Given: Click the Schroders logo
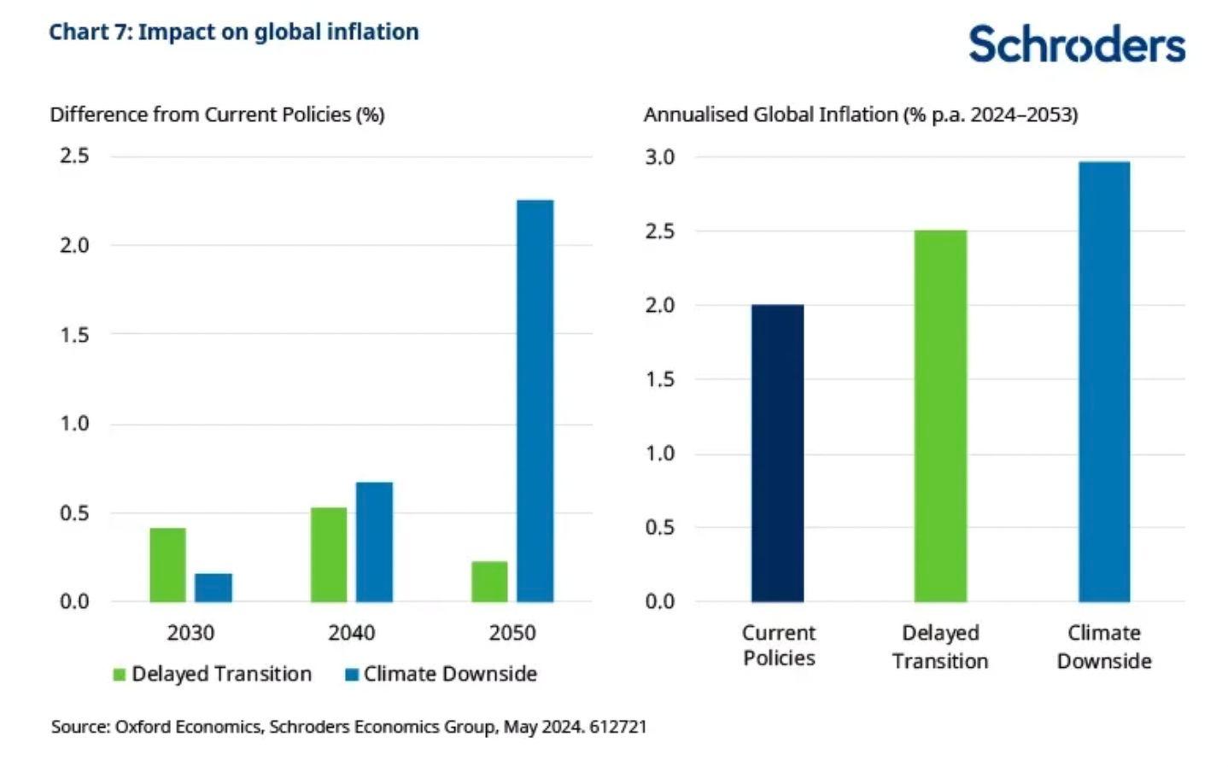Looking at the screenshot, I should (x=1076, y=44).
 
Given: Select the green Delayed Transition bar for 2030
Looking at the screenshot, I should (x=167, y=565).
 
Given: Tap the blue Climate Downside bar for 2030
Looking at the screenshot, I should (x=213, y=588).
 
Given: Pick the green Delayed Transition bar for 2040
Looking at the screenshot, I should (x=329, y=554).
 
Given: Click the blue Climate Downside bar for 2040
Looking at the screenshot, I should (x=374, y=542).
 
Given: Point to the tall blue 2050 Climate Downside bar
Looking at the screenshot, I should (x=535, y=401).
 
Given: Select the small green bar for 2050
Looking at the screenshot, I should (x=489, y=582).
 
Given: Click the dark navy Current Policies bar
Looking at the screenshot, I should (x=777, y=453).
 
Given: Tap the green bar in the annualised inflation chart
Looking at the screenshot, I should (x=940, y=416).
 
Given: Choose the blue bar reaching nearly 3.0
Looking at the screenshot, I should (x=1103, y=382).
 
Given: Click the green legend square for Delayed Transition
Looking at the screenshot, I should (x=120, y=675).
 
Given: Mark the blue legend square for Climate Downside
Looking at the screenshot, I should (x=351, y=675).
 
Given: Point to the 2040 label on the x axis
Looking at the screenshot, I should (x=351, y=633).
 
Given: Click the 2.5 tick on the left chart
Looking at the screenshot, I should (x=74, y=155).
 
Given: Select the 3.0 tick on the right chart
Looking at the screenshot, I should (x=659, y=157).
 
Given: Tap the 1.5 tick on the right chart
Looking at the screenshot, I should (x=659, y=379).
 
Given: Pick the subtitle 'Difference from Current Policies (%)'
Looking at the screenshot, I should (x=217, y=114).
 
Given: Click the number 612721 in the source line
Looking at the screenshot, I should (x=617, y=727).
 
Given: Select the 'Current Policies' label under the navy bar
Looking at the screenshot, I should (x=778, y=645).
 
